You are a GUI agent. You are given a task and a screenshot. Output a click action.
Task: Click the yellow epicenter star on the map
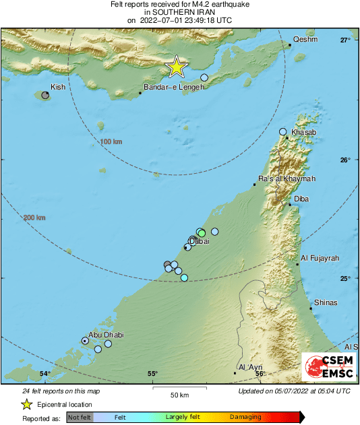176,67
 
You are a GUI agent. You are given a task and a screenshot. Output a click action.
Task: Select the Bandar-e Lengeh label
173,96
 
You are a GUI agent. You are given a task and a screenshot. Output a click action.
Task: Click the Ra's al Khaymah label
287,178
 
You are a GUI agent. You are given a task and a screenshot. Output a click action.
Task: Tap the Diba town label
303,199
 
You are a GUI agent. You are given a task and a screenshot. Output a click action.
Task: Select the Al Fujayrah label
320,258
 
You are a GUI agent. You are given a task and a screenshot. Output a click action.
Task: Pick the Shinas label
326,302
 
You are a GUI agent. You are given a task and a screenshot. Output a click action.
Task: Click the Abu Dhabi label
104,334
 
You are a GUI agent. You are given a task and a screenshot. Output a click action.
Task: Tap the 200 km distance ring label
34,218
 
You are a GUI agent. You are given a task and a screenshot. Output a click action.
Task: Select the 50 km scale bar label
179,394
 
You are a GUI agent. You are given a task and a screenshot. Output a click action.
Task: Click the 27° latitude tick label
345,40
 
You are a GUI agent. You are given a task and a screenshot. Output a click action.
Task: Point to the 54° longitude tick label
44,374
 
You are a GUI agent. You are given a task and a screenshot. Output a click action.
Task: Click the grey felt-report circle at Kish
45,96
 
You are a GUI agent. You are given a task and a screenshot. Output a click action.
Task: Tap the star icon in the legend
27,404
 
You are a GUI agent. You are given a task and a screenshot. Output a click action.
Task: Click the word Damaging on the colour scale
245,417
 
